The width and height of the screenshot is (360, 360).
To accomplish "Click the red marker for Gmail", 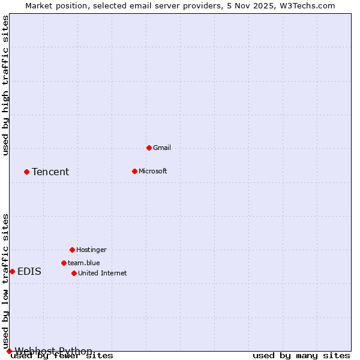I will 149,148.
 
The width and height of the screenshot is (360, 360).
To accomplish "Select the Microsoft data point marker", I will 134,171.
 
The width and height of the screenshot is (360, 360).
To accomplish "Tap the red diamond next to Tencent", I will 26,172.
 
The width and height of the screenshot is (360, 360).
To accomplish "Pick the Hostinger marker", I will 72,250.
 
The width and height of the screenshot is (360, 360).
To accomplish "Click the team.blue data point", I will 64,263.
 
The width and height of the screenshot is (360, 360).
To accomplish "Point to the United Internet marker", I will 74,273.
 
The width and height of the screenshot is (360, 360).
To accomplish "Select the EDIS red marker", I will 12,271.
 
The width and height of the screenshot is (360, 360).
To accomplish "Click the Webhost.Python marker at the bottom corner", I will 9,351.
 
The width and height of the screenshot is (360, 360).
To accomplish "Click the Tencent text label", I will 50,172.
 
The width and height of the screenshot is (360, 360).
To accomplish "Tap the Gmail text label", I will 162,148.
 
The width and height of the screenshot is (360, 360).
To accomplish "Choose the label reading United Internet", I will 102,273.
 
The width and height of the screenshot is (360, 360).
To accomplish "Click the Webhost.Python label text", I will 53,351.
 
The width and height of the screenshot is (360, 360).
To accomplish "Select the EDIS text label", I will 29,271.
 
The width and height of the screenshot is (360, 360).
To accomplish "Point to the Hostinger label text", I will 91,250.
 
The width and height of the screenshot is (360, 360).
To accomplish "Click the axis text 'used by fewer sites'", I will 62,356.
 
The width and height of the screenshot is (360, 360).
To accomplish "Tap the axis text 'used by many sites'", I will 301,356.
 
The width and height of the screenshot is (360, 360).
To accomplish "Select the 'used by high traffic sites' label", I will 6,85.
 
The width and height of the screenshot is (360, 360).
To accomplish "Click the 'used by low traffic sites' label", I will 6,281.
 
